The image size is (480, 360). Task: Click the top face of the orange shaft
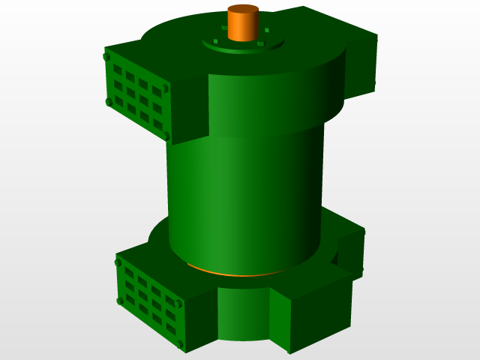(242, 10)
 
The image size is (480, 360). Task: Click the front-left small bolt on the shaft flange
(216, 41)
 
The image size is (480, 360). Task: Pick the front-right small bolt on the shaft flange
(261, 43)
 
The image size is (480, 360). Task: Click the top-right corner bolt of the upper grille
(166, 88)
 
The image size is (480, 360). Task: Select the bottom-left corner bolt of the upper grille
(109, 102)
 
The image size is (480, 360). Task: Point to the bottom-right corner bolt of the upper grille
(167, 136)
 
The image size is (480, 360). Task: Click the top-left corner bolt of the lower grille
(118, 262)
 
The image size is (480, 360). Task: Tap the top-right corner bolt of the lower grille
(180, 304)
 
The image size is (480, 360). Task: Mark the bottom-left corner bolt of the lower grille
(120, 301)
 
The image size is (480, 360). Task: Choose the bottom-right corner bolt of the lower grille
(181, 344)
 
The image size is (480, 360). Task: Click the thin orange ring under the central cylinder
(225, 272)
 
